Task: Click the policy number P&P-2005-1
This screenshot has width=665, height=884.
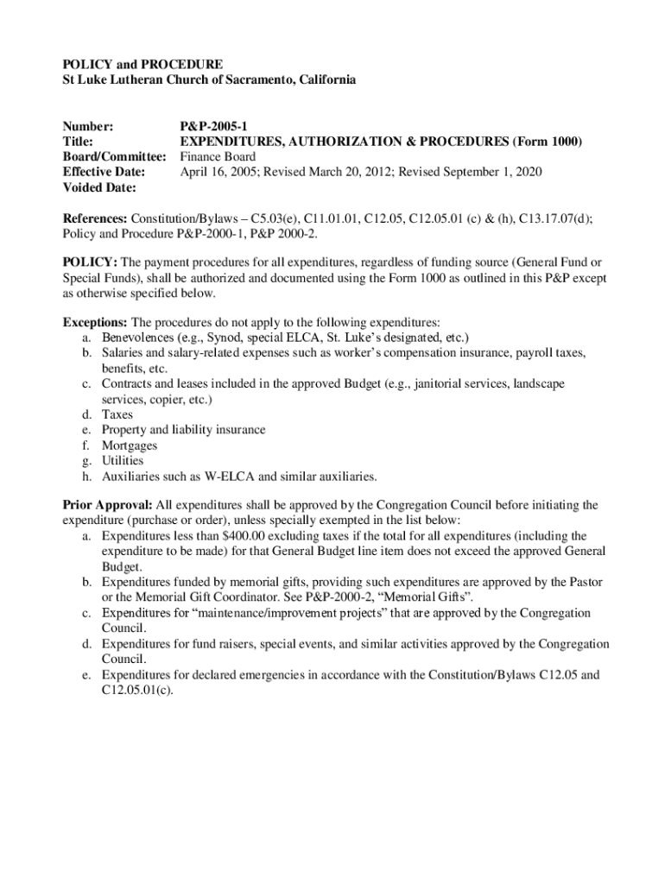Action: tap(213, 126)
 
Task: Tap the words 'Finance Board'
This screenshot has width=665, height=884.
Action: tap(218, 157)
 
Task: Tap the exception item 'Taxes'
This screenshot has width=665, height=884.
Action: tap(117, 414)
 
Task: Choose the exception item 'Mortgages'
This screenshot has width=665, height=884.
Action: tap(130, 445)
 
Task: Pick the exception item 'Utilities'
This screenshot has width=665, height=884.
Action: tap(123, 461)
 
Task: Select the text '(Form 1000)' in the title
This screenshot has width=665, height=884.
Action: tap(548, 142)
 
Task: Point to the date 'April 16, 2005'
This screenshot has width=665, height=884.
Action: tap(218, 173)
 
